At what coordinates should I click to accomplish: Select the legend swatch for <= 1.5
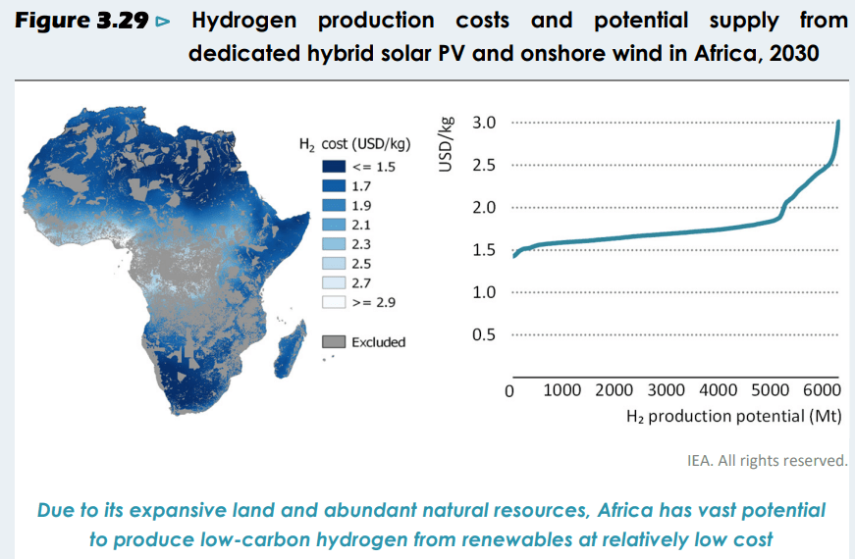tap(334, 167)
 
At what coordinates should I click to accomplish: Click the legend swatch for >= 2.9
tap(334, 301)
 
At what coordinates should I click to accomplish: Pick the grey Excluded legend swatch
tap(334, 341)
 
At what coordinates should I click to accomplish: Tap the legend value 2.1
tap(360, 225)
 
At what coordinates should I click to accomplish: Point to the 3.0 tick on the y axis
tap(483, 123)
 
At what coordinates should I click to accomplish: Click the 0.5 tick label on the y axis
tap(483, 334)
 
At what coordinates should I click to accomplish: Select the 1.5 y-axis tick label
tap(483, 250)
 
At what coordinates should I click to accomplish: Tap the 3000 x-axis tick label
tap(668, 390)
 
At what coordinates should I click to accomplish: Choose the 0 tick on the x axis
tap(509, 391)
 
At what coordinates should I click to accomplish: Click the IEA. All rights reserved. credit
tap(766, 459)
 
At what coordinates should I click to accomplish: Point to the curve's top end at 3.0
tap(839, 123)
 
